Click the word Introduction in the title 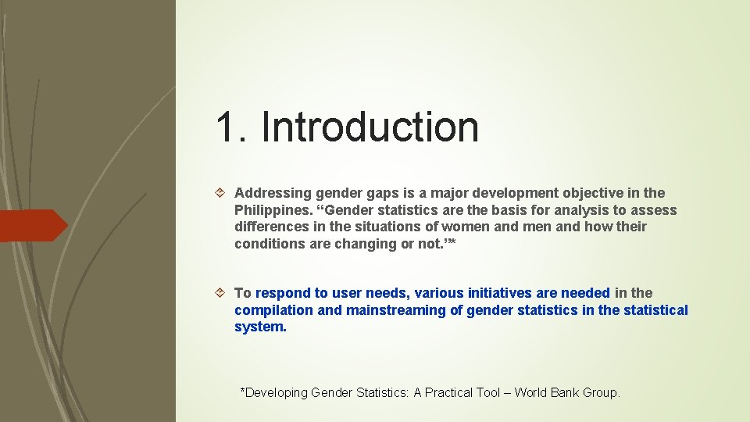click(370, 127)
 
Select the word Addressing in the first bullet click(271, 193)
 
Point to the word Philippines click(271, 210)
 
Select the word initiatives click(500, 293)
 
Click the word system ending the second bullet click(260, 327)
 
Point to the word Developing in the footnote click(277, 393)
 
